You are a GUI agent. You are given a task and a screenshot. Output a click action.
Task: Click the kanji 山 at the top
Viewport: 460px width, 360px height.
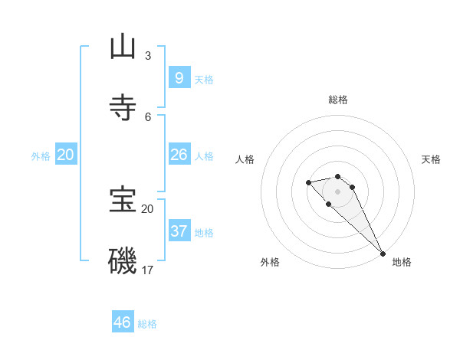(123, 47)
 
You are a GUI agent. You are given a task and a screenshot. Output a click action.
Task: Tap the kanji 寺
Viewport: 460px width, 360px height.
(123, 108)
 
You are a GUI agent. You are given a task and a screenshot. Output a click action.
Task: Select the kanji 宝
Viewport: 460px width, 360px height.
(123, 201)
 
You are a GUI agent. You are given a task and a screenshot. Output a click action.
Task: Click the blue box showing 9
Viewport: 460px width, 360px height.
(179, 78)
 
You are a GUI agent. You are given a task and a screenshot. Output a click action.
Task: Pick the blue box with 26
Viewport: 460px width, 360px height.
(179, 155)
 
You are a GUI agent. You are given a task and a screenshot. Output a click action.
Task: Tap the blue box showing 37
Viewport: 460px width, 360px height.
(179, 231)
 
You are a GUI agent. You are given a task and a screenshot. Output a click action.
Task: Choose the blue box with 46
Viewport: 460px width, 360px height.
(123, 322)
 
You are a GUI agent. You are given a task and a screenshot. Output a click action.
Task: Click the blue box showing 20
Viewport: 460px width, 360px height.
(66, 155)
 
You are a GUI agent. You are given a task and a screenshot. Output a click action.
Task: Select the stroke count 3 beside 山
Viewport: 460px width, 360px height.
(148, 56)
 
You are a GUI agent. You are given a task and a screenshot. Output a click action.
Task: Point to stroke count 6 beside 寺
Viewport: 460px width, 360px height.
(148, 116)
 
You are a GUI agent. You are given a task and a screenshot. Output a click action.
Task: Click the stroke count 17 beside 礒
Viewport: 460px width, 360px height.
(148, 270)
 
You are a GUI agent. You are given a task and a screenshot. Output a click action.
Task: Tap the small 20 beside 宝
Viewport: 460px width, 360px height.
(147, 208)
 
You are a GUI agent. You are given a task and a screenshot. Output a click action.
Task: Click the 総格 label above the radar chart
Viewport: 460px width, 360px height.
(338, 100)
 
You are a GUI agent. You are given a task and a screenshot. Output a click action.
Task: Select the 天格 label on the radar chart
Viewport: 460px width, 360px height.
(431, 159)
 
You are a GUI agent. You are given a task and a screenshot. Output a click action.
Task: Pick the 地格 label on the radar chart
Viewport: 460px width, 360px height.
(402, 262)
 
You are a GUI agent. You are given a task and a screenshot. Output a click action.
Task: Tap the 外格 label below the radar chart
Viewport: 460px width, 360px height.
(270, 262)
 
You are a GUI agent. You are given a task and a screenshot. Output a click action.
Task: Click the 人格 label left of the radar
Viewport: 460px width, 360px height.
(245, 159)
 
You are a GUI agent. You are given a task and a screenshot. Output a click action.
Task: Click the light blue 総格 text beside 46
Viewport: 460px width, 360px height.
(147, 324)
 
